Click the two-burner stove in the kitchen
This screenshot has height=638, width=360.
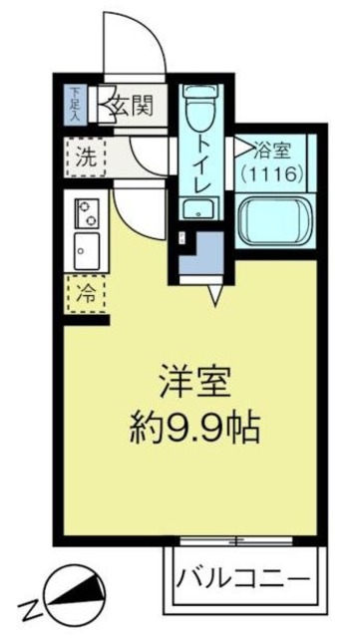(x=86, y=212)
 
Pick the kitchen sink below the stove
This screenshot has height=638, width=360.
(x=85, y=248)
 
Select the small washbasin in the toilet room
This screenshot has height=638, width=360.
(x=197, y=208)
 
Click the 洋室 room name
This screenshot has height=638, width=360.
(x=195, y=383)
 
